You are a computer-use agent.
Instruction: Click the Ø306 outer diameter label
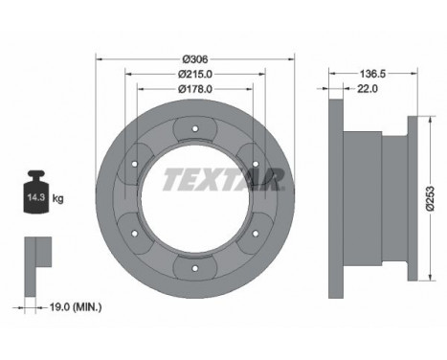click(195, 59)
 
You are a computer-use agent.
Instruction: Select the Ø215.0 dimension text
click(195, 74)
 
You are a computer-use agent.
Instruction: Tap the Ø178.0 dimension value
click(195, 89)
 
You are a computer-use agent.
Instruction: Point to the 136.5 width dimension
click(372, 74)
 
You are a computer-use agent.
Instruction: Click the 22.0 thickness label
click(368, 89)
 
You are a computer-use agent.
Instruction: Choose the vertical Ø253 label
click(431, 198)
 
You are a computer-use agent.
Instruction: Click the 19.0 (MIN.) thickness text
click(76, 307)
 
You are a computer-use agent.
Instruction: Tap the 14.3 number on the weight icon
click(35, 197)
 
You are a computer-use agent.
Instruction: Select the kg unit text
click(57, 198)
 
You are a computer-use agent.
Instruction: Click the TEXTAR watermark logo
click(224, 180)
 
